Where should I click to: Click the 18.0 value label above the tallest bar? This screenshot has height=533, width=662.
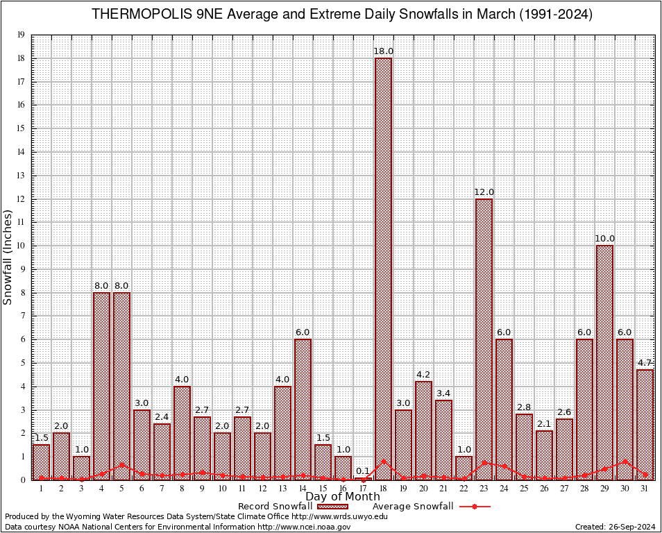(383, 51)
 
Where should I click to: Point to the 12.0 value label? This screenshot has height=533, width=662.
(484, 192)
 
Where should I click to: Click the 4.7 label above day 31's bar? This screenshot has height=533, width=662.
(645, 362)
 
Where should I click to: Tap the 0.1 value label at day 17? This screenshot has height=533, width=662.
(363, 471)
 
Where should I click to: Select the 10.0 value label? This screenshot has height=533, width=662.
(604, 239)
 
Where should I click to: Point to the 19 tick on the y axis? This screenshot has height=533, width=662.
(22, 35)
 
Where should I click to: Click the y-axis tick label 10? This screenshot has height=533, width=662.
(22, 246)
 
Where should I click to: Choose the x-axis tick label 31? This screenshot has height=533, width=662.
(645, 489)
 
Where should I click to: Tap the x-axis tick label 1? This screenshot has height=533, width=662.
(41, 489)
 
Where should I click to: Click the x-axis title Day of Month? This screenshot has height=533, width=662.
(343, 497)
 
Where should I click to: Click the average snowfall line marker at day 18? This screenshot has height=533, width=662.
(383, 461)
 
